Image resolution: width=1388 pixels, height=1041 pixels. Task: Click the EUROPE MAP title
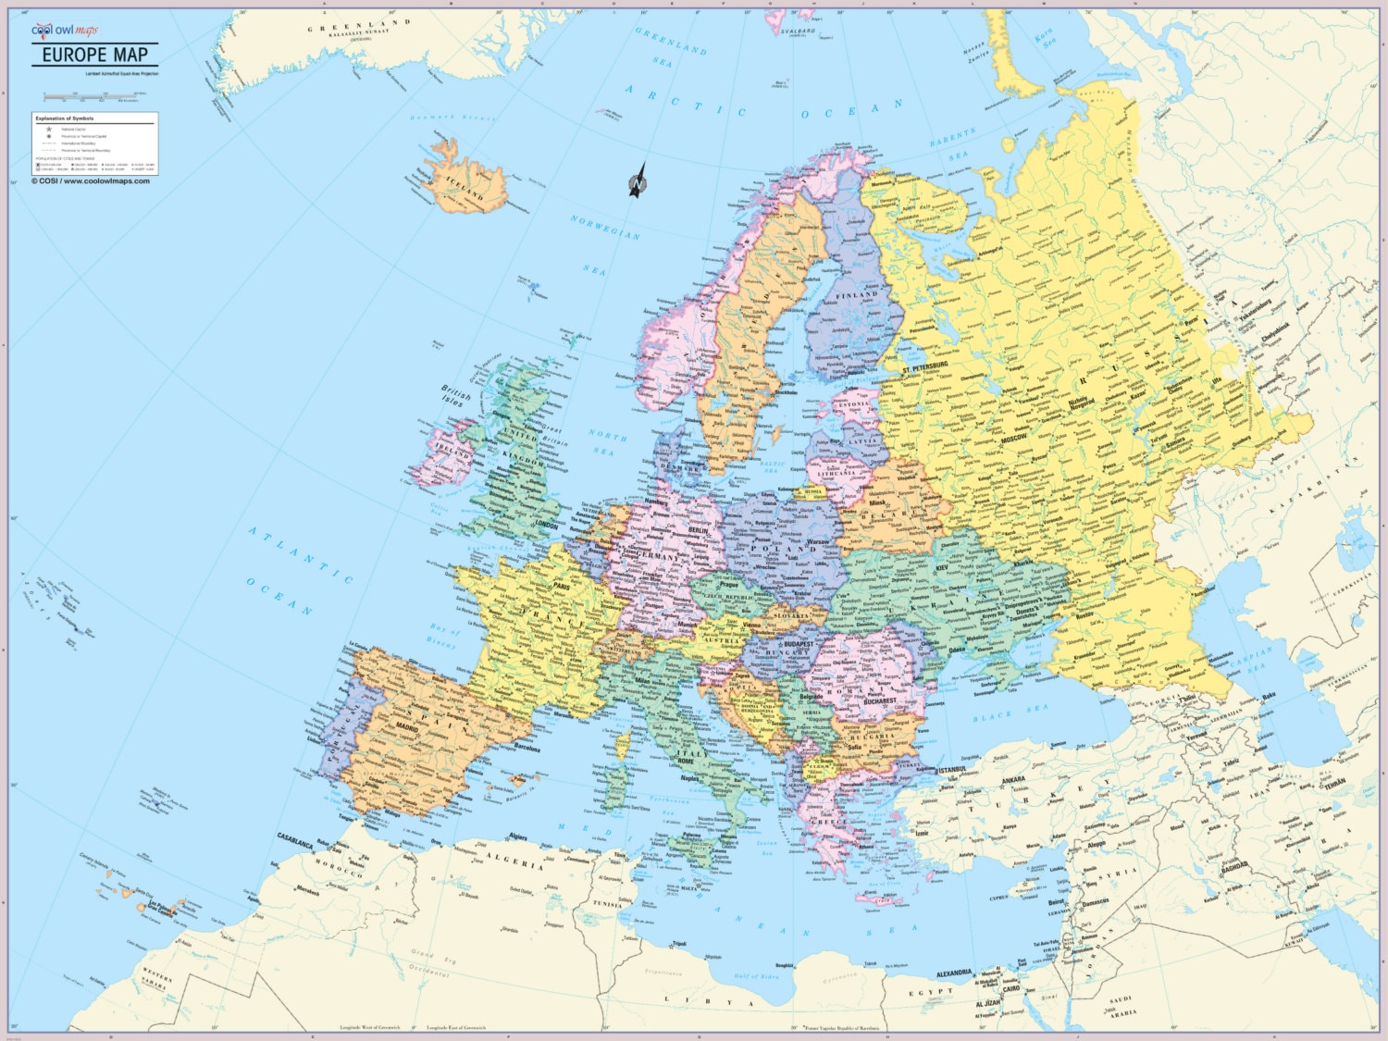tap(95, 55)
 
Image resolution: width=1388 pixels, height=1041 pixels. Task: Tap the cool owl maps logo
tap(64, 31)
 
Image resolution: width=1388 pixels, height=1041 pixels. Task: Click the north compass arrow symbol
tap(638, 181)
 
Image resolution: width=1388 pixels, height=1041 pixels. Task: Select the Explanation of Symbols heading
tap(64, 118)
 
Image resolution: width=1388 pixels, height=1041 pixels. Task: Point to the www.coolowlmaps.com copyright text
tap(91, 181)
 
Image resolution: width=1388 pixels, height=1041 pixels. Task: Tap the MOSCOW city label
tap(1013, 438)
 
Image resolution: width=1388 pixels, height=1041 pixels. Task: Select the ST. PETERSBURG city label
tap(925, 367)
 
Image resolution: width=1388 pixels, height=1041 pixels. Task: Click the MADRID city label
tap(408, 728)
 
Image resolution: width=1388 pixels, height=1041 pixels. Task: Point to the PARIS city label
tap(561, 586)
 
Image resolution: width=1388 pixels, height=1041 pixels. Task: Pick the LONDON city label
tap(546, 525)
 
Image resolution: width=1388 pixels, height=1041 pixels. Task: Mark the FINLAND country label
tap(857, 295)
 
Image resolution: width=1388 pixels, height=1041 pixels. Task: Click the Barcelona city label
tap(527, 749)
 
